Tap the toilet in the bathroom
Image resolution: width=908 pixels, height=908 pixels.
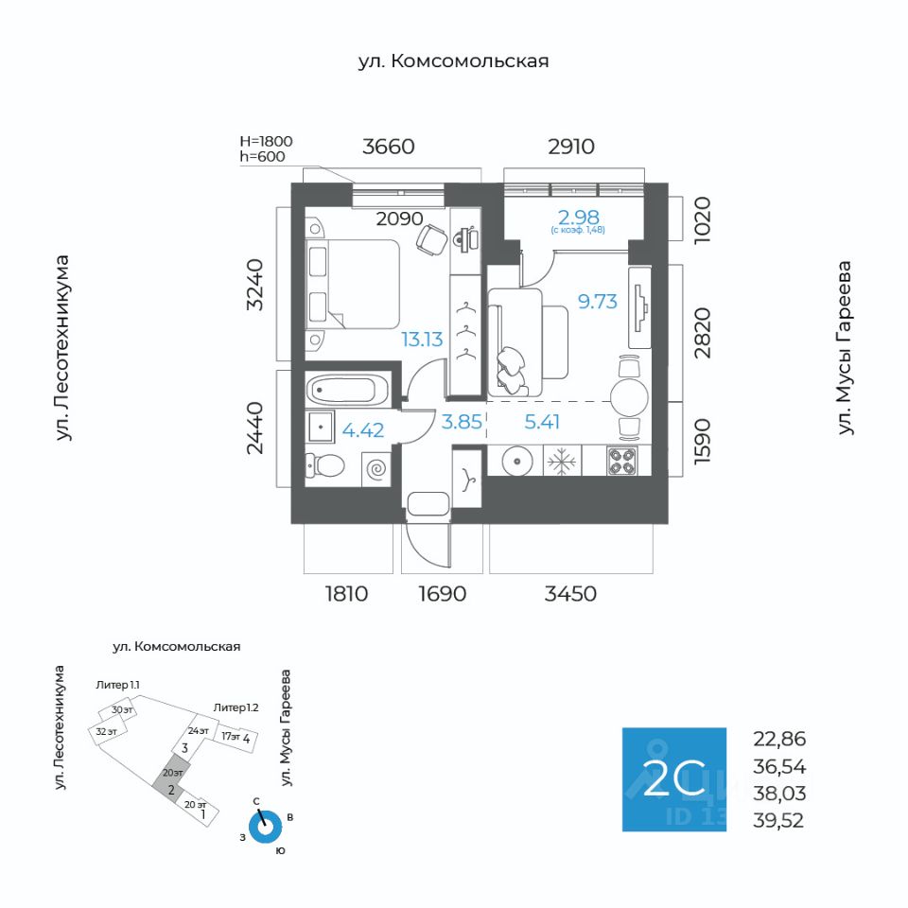click(324, 465)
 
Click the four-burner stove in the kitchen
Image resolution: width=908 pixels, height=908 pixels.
click(622, 461)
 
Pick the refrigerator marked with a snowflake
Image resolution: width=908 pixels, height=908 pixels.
click(562, 461)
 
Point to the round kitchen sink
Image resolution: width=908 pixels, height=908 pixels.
click(515, 462)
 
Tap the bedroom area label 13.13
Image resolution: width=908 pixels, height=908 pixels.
click(422, 340)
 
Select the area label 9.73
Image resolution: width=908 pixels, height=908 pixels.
click(598, 302)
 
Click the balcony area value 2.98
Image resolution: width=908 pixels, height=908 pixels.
click(579, 218)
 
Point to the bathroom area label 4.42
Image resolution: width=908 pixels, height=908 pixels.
click(363, 430)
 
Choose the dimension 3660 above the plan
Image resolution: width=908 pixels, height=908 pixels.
click(389, 147)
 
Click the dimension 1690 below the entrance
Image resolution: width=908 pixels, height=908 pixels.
click(443, 594)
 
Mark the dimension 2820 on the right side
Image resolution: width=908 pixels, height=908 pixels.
click(702, 333)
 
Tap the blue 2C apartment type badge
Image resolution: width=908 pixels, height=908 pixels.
click(674, 779)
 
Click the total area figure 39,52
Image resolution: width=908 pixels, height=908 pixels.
click(778, 821)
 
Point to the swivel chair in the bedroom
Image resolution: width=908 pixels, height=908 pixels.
click(431, 239)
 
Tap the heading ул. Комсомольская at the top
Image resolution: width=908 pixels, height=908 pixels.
click(453, 61)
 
